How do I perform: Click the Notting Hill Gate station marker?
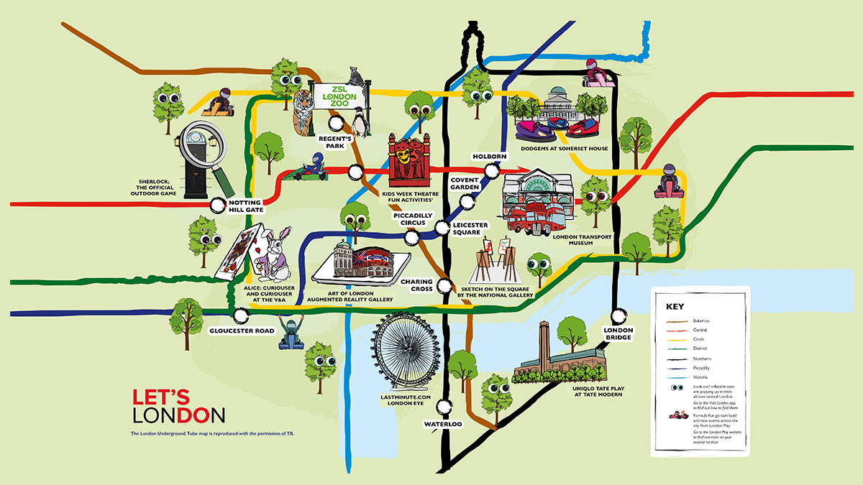(217, 205)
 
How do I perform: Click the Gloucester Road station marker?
(240, 314)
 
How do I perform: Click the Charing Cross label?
(416, 285)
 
